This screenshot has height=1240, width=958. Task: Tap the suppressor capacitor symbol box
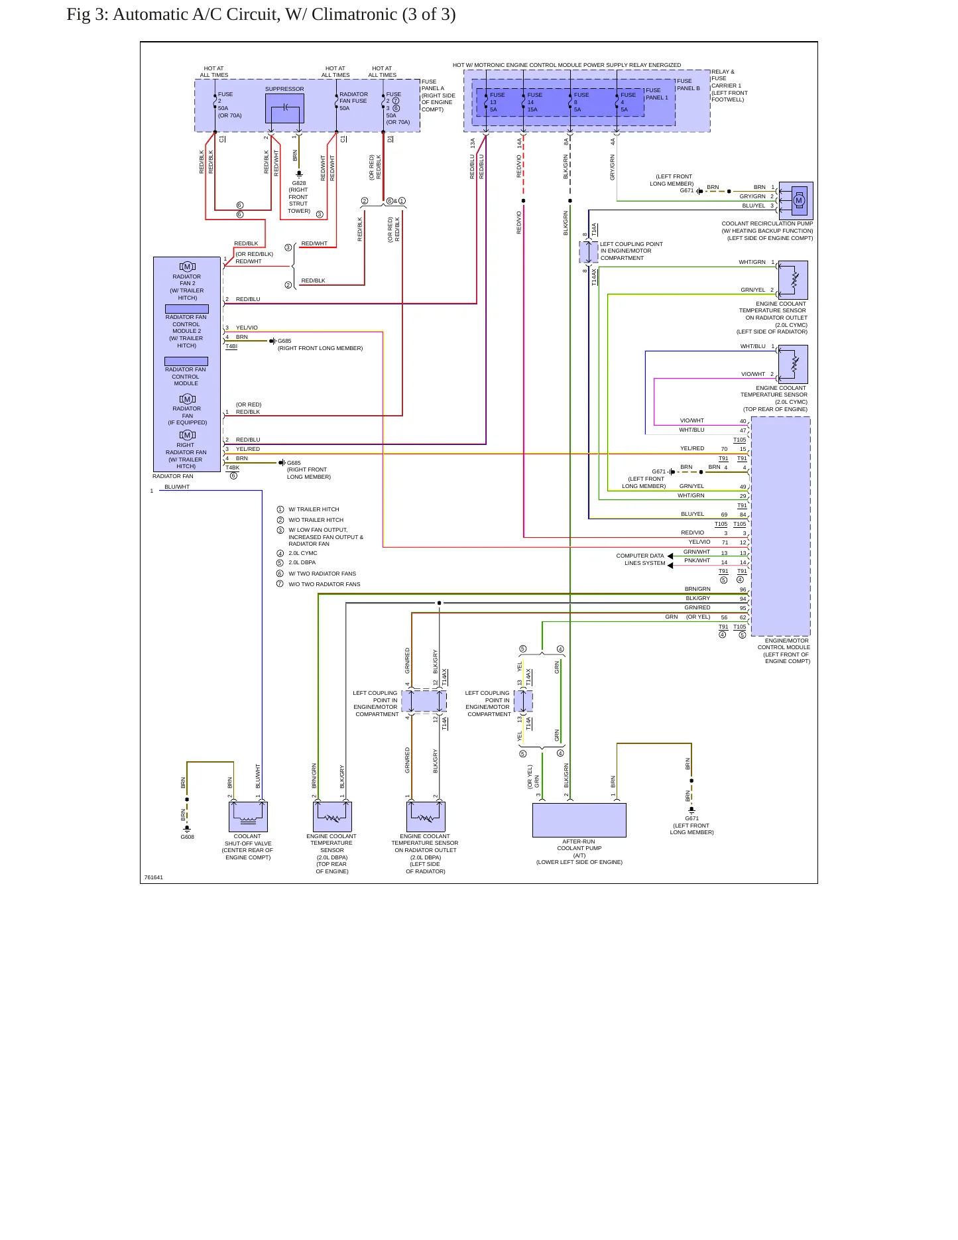click(284, 108)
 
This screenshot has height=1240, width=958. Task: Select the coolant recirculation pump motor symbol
click(798, 200)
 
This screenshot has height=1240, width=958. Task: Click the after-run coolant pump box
click(579, 820)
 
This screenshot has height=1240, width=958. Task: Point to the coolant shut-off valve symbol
click(248, 816)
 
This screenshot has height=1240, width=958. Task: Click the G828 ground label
click(299, 183)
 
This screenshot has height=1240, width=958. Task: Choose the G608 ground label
click(188, 837)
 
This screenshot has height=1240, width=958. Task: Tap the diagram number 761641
click(154, 877)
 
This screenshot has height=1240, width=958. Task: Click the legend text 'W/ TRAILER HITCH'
click(314, 509)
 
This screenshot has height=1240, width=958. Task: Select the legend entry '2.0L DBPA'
click(302, 562)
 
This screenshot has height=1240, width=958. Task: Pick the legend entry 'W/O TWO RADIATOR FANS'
click(324, 584)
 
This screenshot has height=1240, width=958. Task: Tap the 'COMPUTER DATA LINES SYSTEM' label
click(640, 560)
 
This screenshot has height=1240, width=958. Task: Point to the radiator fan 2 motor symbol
click(188, 267)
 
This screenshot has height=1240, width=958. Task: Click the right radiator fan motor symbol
click(188, 435)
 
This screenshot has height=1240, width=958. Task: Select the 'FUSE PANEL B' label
click(688, 85)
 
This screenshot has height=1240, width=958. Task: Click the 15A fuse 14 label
click(533, 109)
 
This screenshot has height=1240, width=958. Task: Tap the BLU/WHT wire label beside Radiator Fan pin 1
click(177, 487)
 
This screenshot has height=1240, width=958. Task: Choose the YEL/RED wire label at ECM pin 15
click(692, 448)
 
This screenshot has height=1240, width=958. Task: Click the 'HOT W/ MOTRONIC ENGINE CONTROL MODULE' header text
click(510, 65)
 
